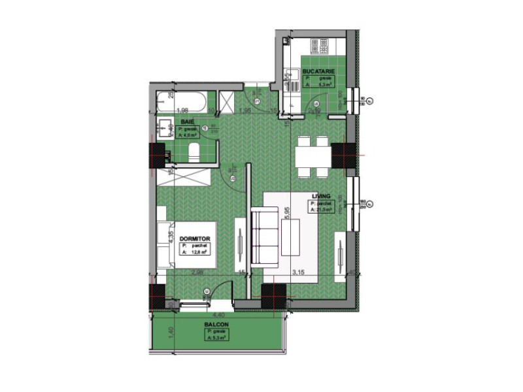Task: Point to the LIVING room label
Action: click(321, 196)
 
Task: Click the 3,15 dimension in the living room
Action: click(299, 272)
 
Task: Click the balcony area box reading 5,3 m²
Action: click(216, 335)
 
